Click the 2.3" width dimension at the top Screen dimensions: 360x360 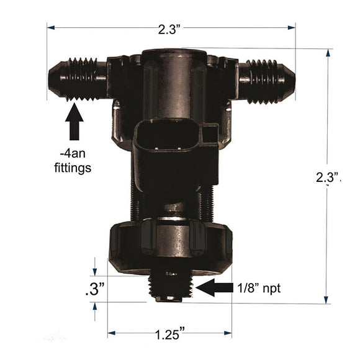(x=170, y=28)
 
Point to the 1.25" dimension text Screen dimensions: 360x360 (x=169, y=335)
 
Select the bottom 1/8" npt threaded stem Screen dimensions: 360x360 (x=169, y=286)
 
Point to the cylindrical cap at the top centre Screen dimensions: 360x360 (x=172, y=68)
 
